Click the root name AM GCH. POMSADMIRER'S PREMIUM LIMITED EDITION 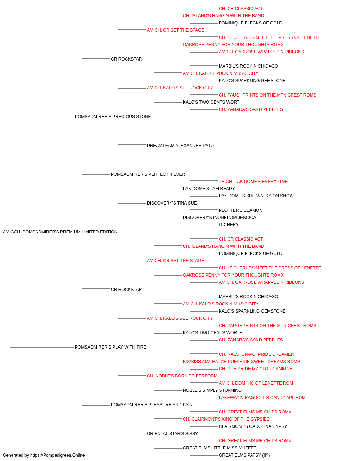click(x=60, y=232)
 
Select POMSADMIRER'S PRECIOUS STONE click(x=113, y=117)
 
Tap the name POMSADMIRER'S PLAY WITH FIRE click(x=111, y=347)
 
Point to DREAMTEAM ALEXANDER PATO click(x=180, y=146)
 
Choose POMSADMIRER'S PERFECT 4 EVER click(x=148, y=174)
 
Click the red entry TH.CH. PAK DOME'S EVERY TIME click(x=253, y=182)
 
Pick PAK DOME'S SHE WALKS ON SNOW click(x=256, y=196)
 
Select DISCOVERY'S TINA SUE click(x=172, y=203)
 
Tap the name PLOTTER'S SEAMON click(x=240, y=210)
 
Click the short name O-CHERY click(x=229, y=225)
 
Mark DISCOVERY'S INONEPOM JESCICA click(x=220, y=218)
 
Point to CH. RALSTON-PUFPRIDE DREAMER click(x=256, y=354)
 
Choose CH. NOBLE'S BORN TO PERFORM click(x=182, y=376)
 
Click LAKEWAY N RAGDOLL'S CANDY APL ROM click(x=262, y=398)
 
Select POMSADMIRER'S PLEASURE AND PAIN click(x=152, y=405)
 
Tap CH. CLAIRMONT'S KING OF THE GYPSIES click(x=226, y=419)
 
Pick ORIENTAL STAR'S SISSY click(x=172, y=434)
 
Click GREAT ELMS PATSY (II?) click(x=244, y=455)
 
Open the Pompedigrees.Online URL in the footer click(x=57, y=455)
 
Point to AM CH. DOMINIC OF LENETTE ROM click(x=256, y=383)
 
